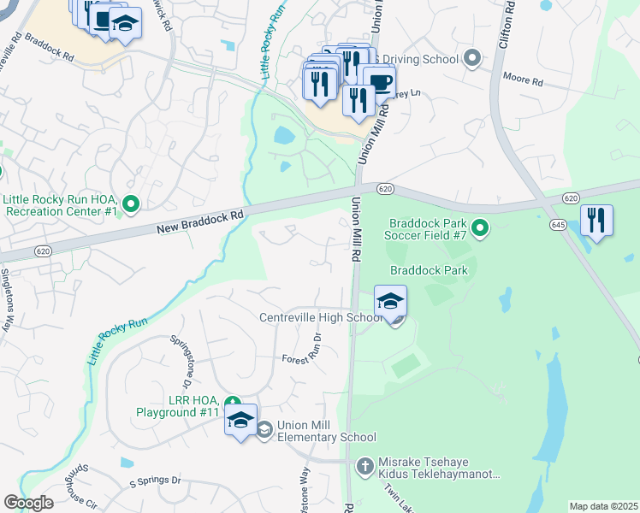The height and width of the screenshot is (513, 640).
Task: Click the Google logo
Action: coord(28,503)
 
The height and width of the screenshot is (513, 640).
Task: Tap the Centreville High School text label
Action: coord(321,318)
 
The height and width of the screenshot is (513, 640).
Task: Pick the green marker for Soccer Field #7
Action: coord(480,227)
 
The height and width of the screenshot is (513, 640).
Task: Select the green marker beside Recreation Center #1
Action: coord(131,203)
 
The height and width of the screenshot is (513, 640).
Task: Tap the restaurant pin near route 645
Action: coord(596,221)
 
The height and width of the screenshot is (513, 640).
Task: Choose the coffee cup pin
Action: coord(379,82)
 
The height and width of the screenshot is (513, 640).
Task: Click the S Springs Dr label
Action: coord(156,481)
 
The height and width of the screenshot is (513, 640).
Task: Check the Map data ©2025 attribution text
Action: coord(603,506)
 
